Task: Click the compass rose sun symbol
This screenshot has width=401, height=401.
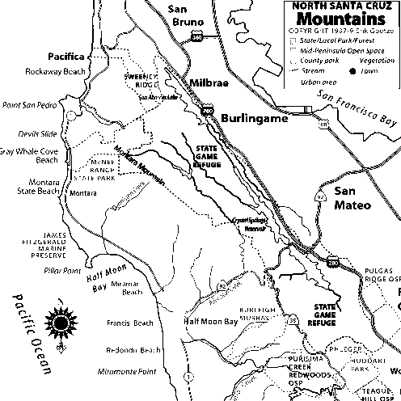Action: tap(60, 323)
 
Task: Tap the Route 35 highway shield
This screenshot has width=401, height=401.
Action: tap(292, 321)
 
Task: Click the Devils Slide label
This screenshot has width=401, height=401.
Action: tap(38, 132)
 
